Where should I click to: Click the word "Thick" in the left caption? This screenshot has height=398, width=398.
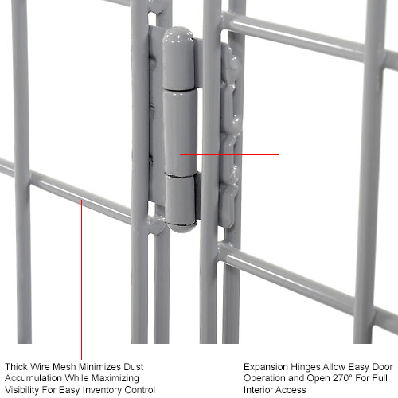tap(17, 366)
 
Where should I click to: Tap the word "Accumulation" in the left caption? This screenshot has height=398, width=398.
tap(33, 378)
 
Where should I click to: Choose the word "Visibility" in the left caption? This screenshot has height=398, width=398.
tap(24, 390)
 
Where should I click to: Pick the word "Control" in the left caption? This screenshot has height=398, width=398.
tap(137, 390)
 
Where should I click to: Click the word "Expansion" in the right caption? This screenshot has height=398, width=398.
tap(266, 366)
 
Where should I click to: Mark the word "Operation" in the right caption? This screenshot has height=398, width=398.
tap(266, 378)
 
